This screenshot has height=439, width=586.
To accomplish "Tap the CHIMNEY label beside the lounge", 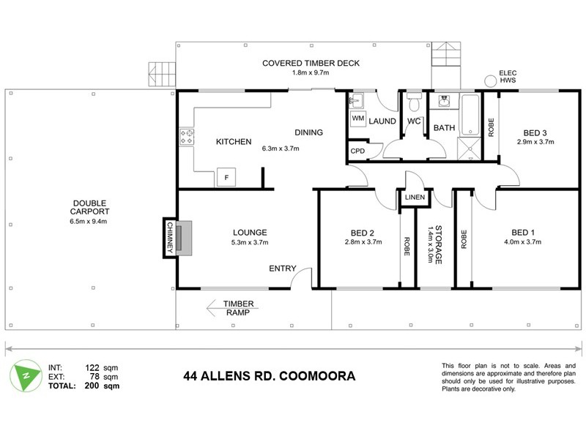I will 168,239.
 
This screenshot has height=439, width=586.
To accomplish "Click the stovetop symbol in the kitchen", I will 186,135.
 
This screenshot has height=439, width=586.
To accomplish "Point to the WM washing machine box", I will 358,118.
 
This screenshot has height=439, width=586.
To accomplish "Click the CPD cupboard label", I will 357,151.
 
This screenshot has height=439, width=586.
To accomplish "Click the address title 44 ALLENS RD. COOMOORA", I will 269,376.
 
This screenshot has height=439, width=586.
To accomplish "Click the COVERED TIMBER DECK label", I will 311,64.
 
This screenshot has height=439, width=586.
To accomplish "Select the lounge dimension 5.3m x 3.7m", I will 251,243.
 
